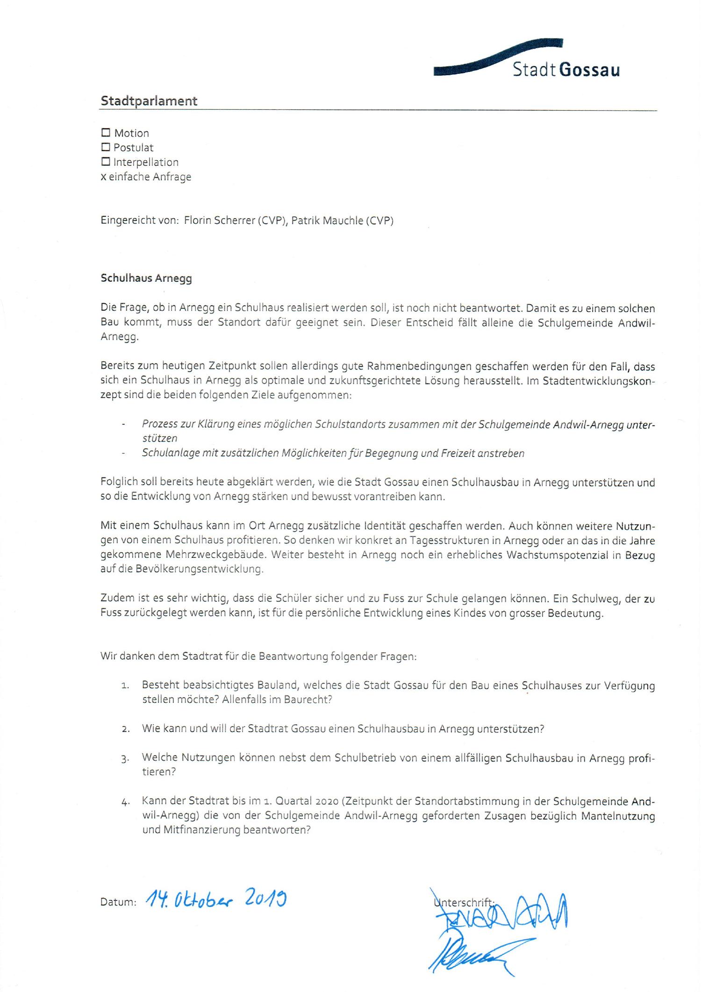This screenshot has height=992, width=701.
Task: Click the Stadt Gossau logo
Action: [527, 61]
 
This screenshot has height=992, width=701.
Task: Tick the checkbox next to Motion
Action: [106, 133]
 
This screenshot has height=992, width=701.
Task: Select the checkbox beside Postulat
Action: [106, 147]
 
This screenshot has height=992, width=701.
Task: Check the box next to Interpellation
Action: [106, 162]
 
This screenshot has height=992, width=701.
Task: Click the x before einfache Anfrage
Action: [103, 178]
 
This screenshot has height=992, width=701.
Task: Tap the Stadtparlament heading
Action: [149, 101]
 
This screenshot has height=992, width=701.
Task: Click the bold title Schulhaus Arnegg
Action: [146, 278]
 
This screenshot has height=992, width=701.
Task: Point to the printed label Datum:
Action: [118, 902]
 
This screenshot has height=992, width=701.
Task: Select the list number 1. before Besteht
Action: [125, 686]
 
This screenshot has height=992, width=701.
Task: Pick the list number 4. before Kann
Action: [125, 802]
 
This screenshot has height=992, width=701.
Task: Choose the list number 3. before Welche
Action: [125, 759]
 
